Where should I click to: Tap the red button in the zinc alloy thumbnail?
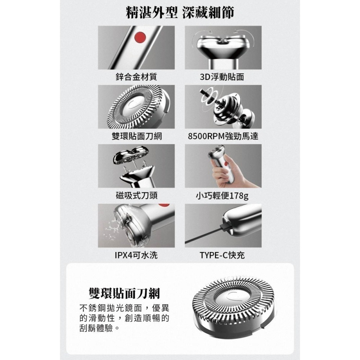(x=140, y=37)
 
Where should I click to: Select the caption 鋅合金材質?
(x=136, y=77)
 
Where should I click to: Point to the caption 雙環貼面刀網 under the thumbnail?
(x=136, y=136)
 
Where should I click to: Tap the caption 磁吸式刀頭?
(x=136, y=195)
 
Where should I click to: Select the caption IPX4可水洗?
(x=136, y=255)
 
